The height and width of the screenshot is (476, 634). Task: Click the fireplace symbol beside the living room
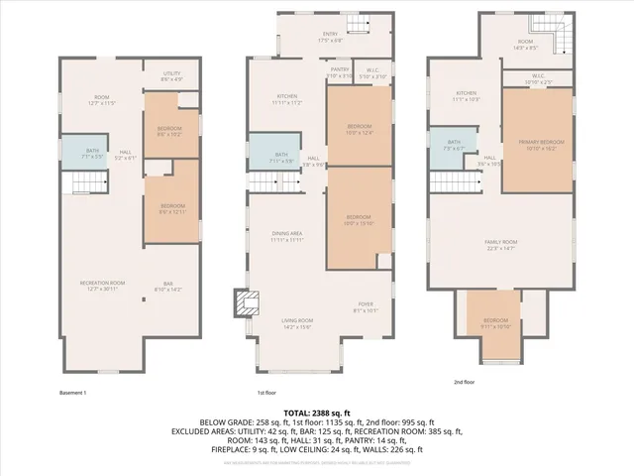[x=243, y=302]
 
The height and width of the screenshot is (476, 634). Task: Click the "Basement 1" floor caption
[x=72, y=394]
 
